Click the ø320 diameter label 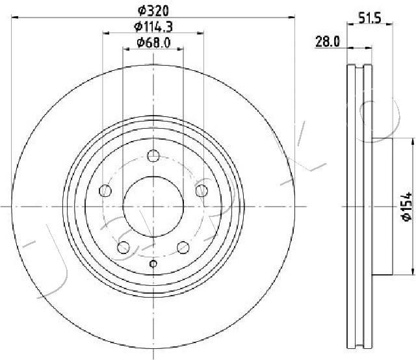[153, 11]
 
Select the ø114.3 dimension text [153, 27]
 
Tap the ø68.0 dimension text [153, 43]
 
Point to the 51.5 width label [370, 18]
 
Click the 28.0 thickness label [328, 42]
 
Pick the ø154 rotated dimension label [406, 207]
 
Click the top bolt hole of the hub [153, 155]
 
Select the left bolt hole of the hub [105, 190]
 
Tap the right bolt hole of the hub [201, 190]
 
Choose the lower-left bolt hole [123, 247]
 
